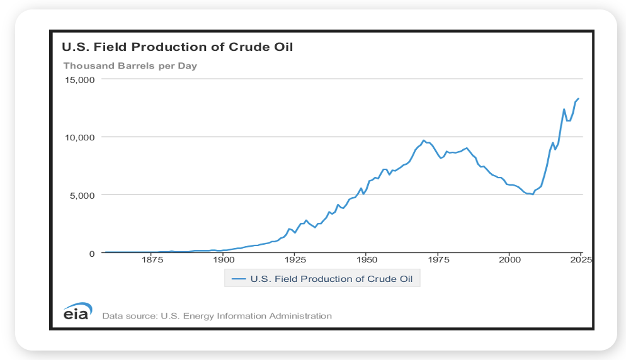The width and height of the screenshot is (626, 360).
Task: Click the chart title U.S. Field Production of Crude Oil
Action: click(x=176, y=47)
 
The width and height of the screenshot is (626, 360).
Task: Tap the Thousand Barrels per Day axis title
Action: click(x=130, y=65)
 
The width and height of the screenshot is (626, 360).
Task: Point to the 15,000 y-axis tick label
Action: click(x=80, y=80)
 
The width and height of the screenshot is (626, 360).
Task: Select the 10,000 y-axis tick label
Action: click(x=80, y=137)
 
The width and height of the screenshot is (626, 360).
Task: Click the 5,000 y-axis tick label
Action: click(x=83, y=195)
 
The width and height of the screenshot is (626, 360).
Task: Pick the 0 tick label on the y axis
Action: click(x=91, y=253)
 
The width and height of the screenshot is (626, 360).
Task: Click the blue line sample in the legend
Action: click(x=239, y=278)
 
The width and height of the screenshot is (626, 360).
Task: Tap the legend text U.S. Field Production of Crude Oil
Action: click(x=331, y=278)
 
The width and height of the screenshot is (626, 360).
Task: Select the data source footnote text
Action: click(x=217, y=316)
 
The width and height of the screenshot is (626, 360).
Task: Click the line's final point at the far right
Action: click(x=578, y=99)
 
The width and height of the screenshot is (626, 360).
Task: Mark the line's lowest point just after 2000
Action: click(x=533, y=194)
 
